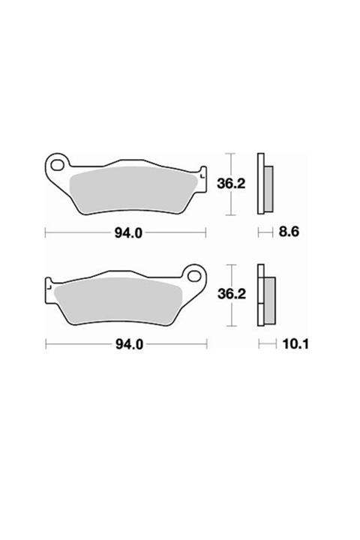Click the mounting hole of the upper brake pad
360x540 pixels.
[x=57, y=163]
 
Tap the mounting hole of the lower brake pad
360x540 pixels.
[x=198, y=274]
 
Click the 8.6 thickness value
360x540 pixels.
[x=289, y=232]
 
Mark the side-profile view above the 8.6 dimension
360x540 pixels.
[x=264, y=184]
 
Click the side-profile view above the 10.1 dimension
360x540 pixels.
[x=265, y=295]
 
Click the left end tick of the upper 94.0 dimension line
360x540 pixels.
[x=46, y=232]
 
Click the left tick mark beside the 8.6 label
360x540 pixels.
[x=259, y=232]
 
